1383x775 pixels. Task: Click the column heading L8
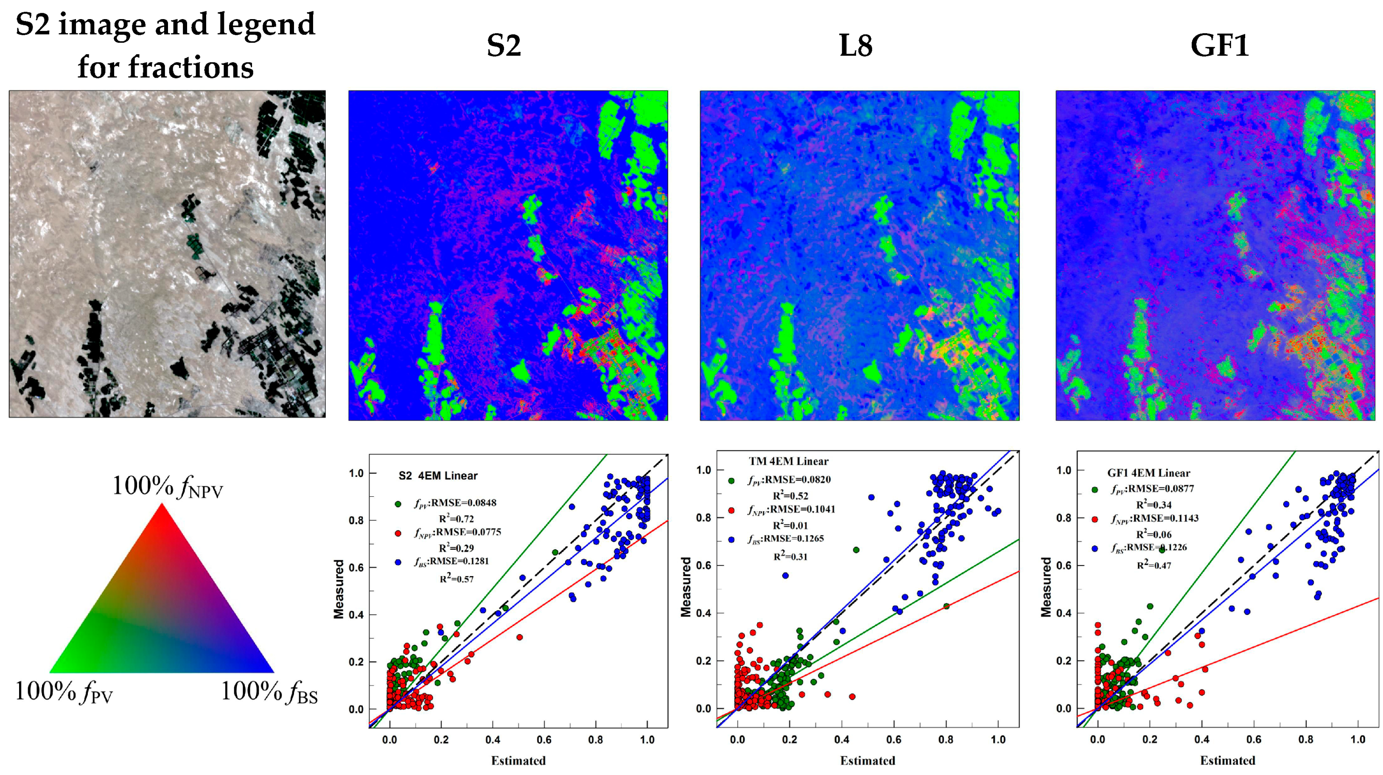coord(855,46)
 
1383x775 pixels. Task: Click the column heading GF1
coord(1219,46)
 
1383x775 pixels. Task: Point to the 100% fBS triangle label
coord(269,692)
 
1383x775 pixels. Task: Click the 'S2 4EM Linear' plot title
coord(437,476)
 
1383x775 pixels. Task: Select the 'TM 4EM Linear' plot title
coord(788,462)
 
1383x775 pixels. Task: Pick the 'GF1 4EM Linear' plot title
coord(1148,473)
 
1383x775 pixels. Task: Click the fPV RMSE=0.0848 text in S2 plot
coord(455,503)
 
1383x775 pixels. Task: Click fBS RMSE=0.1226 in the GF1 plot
coord(1149,548)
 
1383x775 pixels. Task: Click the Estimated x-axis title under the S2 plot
coord(518,761)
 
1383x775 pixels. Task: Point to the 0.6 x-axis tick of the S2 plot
coord(544,739)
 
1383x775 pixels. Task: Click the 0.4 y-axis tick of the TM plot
coord(703,613)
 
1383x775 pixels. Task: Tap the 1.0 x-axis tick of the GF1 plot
coord(1358,739)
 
